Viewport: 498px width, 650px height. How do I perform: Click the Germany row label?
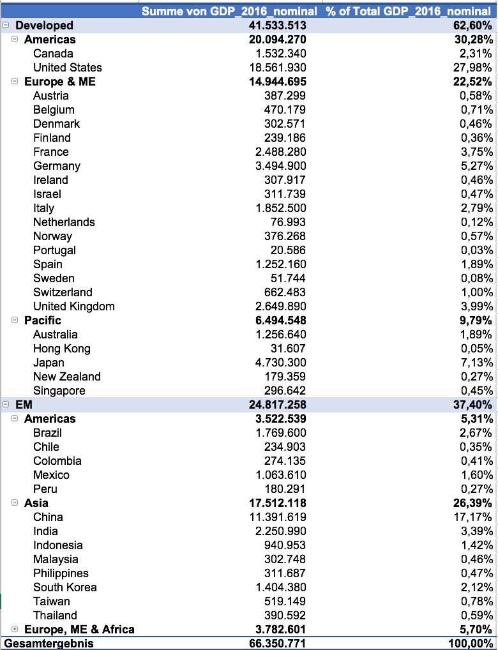57,166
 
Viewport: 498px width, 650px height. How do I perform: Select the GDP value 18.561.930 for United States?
278,68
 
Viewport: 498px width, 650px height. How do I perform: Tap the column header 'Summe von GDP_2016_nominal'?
229,11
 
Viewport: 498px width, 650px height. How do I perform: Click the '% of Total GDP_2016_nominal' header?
409,11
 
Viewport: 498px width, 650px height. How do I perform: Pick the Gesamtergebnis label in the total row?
49,643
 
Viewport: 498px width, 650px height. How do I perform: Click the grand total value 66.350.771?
278,643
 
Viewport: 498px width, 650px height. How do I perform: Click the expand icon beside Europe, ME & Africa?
15,630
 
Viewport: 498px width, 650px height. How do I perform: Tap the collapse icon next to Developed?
6,26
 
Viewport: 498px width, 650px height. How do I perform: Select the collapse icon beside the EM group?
6,405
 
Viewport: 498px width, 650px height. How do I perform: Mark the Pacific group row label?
43,321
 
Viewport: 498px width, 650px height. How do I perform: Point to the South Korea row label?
65,587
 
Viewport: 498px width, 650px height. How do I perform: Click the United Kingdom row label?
74,306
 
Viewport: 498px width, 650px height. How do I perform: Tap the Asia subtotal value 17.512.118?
278,503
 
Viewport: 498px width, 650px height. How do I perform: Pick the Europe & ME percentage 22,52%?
473,82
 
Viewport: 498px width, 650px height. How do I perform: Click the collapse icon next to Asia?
15,503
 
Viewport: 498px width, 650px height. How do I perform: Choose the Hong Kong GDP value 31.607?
285,349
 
